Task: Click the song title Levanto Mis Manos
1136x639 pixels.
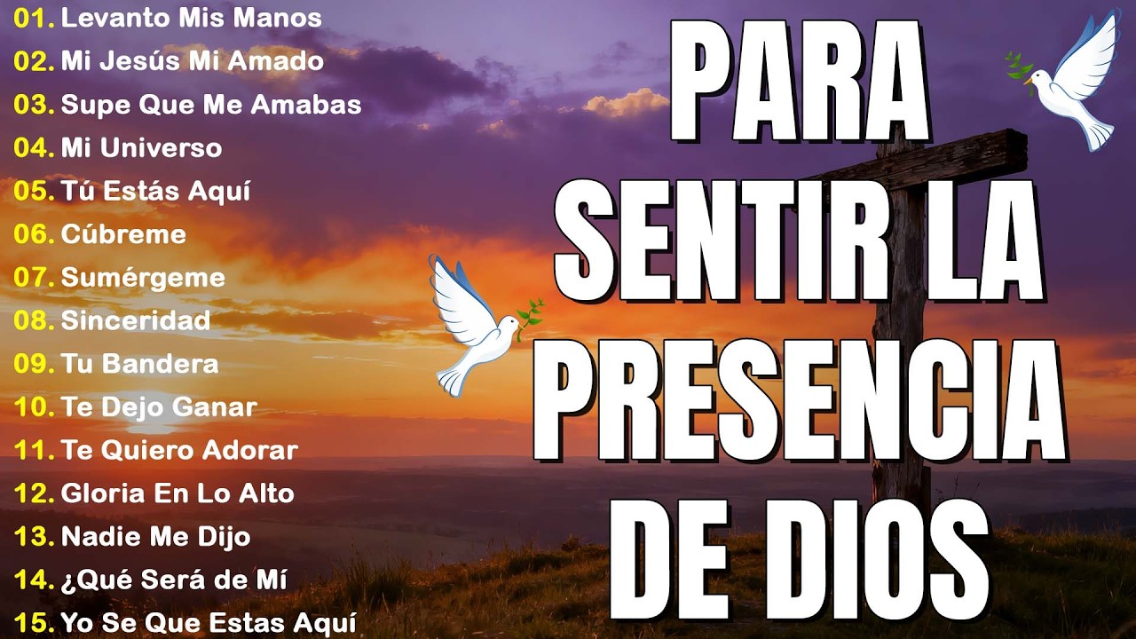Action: click(x=191, y=18)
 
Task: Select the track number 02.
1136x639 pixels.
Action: click(x=34, y=61)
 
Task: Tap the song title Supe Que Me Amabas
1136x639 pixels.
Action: click(x=211, y=105)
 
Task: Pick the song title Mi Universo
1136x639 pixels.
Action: click(x=141, y=147)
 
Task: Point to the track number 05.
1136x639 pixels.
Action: click(x=34, y=191)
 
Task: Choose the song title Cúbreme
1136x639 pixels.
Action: click(x=123, y=234)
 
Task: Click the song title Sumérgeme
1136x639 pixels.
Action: click(x=143, y=277)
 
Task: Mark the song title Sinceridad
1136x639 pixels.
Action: click(x=135, y=320)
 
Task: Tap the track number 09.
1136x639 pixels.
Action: click(x=34, y=364)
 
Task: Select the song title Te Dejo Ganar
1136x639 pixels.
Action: click(x=159, y=407)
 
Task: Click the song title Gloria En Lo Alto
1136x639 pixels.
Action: click(x=177, y=493)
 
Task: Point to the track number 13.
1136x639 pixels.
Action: click(x=34, y=537)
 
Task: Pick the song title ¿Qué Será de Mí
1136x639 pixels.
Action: click(x=173, y=580)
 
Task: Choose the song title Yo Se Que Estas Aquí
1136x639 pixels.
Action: click(x=209, y=622)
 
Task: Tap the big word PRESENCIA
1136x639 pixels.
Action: click(x=799, y=399)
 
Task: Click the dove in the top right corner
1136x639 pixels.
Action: click(x=1069, y=80)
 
